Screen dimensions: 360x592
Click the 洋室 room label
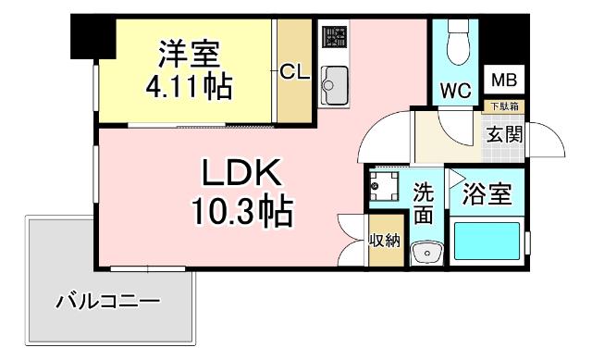(191, 53)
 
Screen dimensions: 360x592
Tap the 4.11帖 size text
(189, 87)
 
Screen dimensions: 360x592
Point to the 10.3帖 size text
(242, 214)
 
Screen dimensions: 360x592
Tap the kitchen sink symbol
(333, 86)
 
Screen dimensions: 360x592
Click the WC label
(456, 91)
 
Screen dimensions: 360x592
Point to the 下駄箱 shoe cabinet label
(504, 107)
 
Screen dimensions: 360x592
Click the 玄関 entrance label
(505, 134)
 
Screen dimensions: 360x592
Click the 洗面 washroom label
(424, 205)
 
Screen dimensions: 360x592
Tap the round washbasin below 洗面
(426, 252)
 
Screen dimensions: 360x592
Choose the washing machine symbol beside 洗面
(382, 188)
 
